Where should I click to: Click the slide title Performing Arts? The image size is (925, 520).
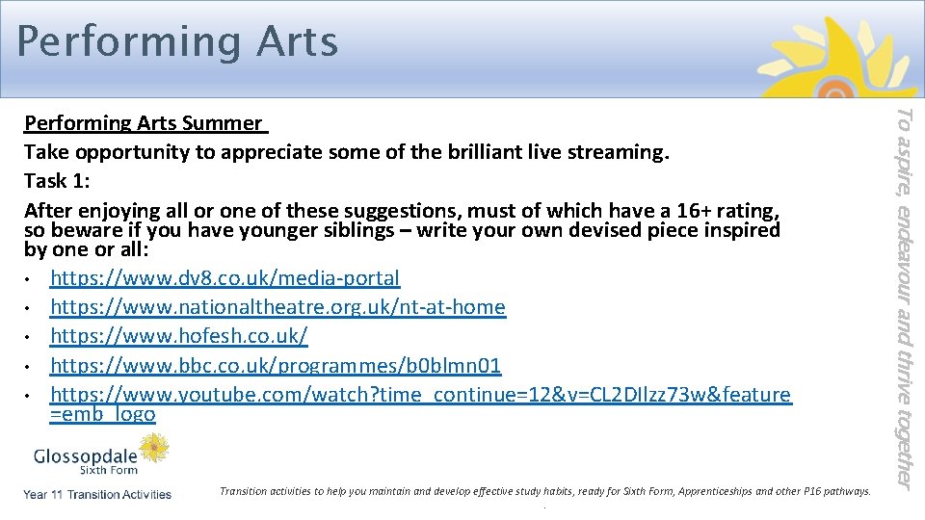[x=177, y=42]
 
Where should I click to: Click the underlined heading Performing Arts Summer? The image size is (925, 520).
[x=144, y=123]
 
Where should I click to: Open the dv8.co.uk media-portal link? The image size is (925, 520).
[x=225, y=278]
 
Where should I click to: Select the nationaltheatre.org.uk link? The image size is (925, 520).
[x=277, y=307]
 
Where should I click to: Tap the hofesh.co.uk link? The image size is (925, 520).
[x=179, y=336]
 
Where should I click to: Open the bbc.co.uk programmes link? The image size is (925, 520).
[x=276, y=366]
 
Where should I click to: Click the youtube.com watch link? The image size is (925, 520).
[x=420, y=395]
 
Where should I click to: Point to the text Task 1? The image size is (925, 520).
[x=59, y=181]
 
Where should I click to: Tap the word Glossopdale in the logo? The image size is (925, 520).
[x=85, y=455]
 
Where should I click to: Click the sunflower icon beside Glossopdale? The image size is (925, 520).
[x=154, y=448]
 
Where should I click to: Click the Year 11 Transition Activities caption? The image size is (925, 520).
[x=98, y=494]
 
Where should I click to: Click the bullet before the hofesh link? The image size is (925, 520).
[x=31, y=337]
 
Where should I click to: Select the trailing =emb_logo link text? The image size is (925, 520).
[x=102, y=415]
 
